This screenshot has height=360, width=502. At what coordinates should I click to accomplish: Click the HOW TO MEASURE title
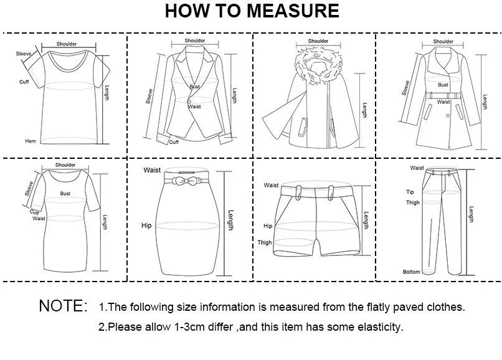(252, 11)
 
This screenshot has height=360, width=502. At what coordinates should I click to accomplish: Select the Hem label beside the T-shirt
(29, 141)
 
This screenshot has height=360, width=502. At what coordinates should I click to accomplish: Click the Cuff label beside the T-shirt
(24, 82)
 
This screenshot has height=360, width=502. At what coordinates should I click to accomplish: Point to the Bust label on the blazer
(195, 87)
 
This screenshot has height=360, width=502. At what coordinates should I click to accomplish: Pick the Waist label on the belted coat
(443, 102)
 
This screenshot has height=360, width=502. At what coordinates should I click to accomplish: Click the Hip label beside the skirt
(146, 225)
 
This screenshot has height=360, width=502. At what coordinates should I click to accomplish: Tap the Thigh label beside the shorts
(265, 242)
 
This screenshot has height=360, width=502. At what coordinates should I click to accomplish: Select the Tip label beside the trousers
(410, 192)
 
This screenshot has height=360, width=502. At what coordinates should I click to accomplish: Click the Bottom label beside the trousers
(411, 272)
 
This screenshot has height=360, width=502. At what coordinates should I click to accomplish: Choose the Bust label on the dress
(65, 194)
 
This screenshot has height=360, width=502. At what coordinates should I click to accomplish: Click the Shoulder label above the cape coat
(318, 41)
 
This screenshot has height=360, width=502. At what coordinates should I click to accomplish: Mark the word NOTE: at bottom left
(63, 306)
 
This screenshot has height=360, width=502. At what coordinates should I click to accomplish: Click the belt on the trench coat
(443, 95)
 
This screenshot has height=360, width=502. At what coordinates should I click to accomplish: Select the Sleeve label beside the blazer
(149, 95)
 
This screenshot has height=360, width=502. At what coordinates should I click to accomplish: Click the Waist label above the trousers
(417, 168)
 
